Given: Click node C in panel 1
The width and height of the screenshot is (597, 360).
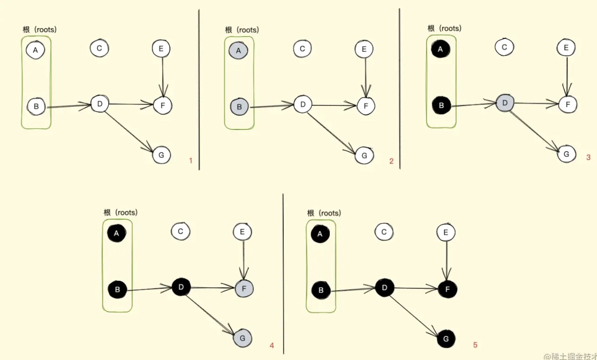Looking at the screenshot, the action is [x=99, y=48].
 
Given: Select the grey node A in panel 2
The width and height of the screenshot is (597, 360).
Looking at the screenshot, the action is [x=238, y=50].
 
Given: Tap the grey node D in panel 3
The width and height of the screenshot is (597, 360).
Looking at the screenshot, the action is [x=505, y=103].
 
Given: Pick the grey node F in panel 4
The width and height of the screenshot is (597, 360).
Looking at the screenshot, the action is [x=244, y=289].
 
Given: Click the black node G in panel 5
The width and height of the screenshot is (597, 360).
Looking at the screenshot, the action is [x=446, y=339].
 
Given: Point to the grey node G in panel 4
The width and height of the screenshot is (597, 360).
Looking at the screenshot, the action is [x=242, y=338].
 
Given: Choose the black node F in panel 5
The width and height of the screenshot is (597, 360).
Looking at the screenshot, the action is [x=447, y=289].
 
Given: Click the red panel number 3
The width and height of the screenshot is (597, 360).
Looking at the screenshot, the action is [x=588, y=158].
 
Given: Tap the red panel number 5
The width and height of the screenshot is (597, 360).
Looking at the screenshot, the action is [x=475, y=345].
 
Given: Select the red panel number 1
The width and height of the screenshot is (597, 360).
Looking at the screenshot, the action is [x=191, y=161].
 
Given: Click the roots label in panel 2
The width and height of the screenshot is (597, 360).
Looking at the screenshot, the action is [x=242, y=30].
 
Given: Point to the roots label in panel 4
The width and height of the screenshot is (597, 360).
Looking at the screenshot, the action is [x=121, y=212].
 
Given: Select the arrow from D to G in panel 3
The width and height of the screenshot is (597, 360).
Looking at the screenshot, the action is [x=535, y=132].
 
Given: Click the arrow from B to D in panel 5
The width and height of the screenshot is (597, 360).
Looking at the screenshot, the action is [x=353, y=289].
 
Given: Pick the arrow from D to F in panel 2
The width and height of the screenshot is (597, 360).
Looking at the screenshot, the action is [x=334, y=105].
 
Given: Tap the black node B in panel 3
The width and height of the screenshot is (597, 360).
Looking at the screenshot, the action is [x=441, y=105].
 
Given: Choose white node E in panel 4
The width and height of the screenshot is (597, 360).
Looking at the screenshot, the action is [x=242, y=232].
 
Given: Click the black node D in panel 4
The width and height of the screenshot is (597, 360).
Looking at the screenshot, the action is [x=181, y=287].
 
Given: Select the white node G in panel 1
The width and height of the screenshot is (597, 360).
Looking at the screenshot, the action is [x=161, y=155].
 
